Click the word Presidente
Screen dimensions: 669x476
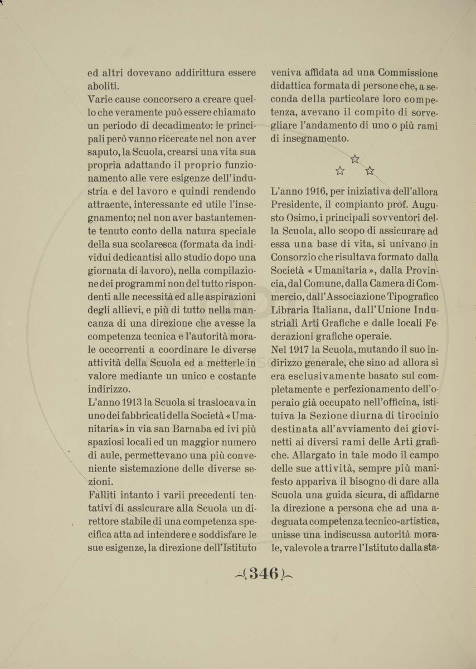[x=296, y=205]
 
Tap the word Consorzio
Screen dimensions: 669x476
[x=297, y=257]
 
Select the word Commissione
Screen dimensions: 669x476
[x=407, y=73]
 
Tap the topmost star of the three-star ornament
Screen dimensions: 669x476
[x=355, y=159]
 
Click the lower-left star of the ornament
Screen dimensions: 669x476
[x=340, y=171]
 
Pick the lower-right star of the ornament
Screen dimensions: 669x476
[x=370, y=171]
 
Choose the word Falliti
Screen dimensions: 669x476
[x=106, y=495]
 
